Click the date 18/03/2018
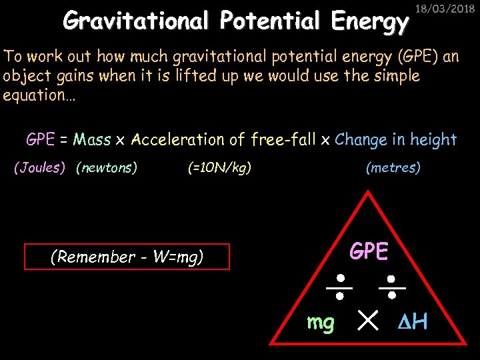pos(450,9)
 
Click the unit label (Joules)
pos(40,168)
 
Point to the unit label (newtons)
pos(107,168)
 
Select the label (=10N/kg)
pos(219,168)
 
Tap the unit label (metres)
pos(393,168)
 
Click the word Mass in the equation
pos(92,139)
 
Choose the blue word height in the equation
pos(432,139)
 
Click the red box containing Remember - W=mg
pos(127,257)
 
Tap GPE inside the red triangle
pos(369,251)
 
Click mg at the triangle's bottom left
pos(321,323)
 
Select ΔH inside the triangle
pos(411,323)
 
